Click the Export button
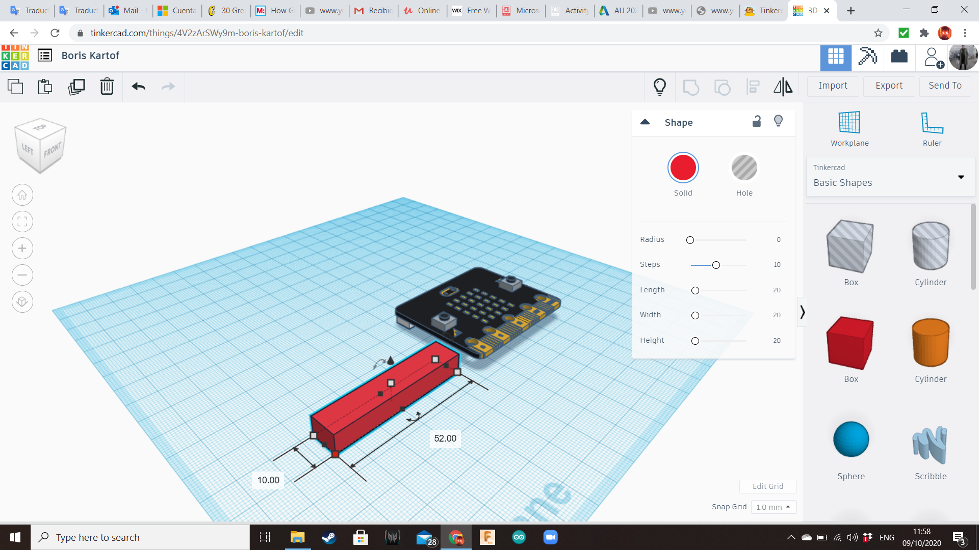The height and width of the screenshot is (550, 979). coord(889,86)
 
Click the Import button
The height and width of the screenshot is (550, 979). coord(833,86)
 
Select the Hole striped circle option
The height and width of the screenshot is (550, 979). coord(744,168)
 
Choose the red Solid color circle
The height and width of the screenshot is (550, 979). coord(683,168)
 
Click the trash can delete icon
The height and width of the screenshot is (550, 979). coord(107,87)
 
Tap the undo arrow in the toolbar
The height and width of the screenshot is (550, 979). coord(138,87)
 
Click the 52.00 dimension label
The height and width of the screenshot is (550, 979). coord(445,438)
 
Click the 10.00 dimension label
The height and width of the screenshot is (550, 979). coord(268,480)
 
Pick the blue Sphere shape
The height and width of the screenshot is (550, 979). coord(851,439)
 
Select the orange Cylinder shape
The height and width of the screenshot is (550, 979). coord(930,343)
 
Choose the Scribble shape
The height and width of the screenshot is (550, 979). coord(930,445)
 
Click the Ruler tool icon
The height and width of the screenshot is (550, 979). coord(932,124)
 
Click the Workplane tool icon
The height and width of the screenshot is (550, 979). coord(849,124)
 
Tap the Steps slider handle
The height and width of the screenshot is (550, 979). coord(716,265)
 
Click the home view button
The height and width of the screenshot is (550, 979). coord(22,195)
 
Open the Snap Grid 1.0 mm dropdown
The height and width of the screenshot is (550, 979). coord(773,507)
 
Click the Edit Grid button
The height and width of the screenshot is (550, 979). coord(767,486)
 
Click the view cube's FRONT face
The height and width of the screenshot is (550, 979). coord(52,150)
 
